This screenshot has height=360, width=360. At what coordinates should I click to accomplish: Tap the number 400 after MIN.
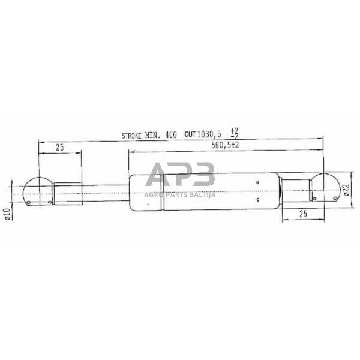pos(170,136)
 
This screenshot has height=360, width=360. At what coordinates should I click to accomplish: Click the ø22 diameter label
pos(346,191)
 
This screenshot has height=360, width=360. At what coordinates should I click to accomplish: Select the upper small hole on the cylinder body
pos(257,182)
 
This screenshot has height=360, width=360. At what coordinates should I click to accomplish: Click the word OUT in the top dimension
pos(190,136)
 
